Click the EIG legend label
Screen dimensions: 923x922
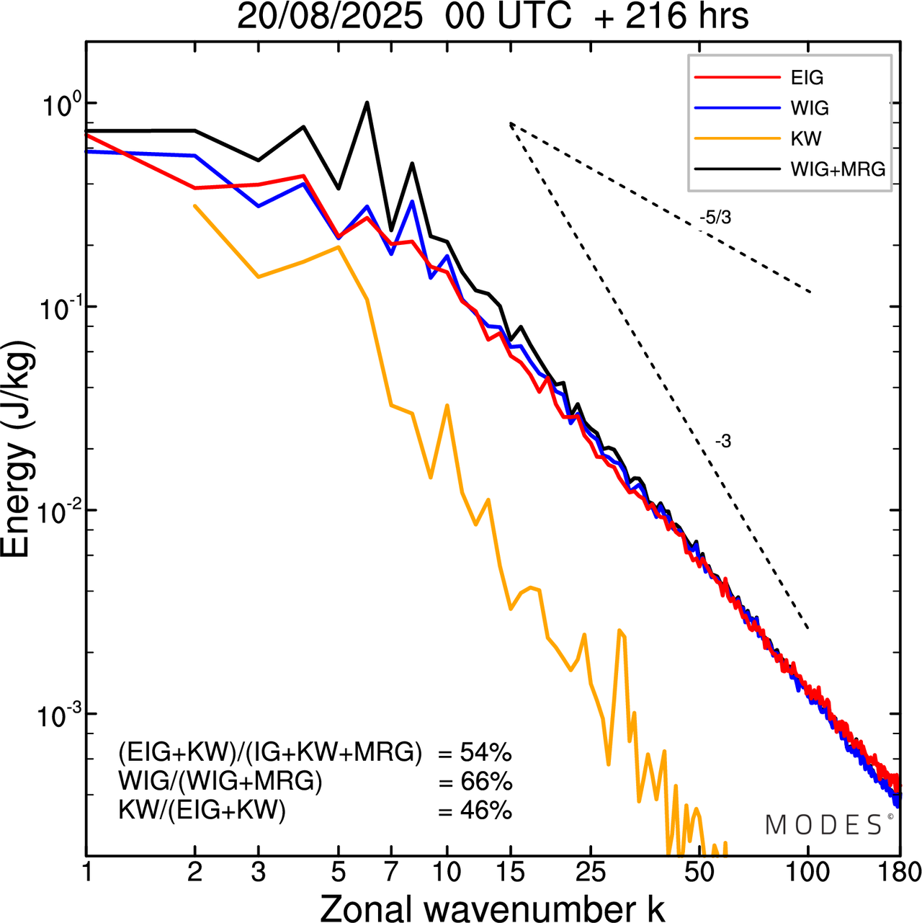[x=807, y=78]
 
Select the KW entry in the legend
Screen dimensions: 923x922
[x=806, y=138]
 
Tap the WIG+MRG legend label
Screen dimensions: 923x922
[x=838, y=169]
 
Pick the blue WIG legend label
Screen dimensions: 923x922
[x=810, y=108]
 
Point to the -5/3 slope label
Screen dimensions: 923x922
[x=715, y=218]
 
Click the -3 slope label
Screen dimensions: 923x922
[x=723, y=442]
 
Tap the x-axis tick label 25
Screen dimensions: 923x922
[x=590, y=873]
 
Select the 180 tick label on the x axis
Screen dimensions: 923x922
[x=900, y=873]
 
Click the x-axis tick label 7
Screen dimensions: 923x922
[x=391, y=873]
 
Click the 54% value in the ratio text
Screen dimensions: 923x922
[x=485, y=754]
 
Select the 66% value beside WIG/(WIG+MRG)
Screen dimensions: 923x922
[x=485, y=782]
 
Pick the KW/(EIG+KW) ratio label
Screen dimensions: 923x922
[x=202, y=811]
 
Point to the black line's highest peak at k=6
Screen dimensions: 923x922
[x=367, y=102]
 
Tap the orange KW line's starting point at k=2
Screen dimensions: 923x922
[x=195, y=205]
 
